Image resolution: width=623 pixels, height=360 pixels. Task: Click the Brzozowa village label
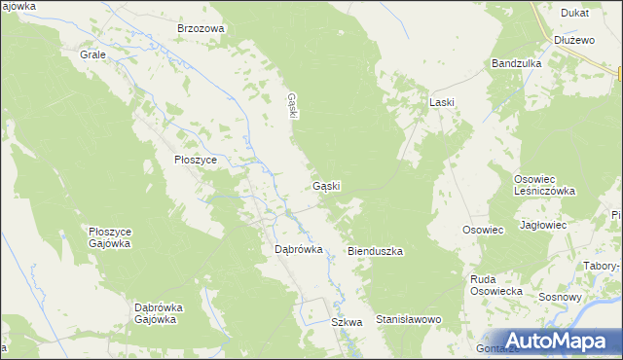coord(201,29)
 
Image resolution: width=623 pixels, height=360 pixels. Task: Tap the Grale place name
coord(92,54)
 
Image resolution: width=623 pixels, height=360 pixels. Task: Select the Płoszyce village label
coord(195,160)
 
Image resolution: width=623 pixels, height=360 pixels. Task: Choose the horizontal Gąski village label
coord(326,185)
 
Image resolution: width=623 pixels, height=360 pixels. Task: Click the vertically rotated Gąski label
coord(291,105)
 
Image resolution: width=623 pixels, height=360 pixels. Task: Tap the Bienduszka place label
coord(376,251)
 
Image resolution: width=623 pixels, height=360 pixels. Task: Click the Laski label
coord(443,101)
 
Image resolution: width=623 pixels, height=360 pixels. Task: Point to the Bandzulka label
coord(516,63)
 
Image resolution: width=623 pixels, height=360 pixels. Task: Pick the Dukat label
coord(574,13)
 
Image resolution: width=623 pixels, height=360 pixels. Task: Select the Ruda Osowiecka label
coord(496,285)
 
